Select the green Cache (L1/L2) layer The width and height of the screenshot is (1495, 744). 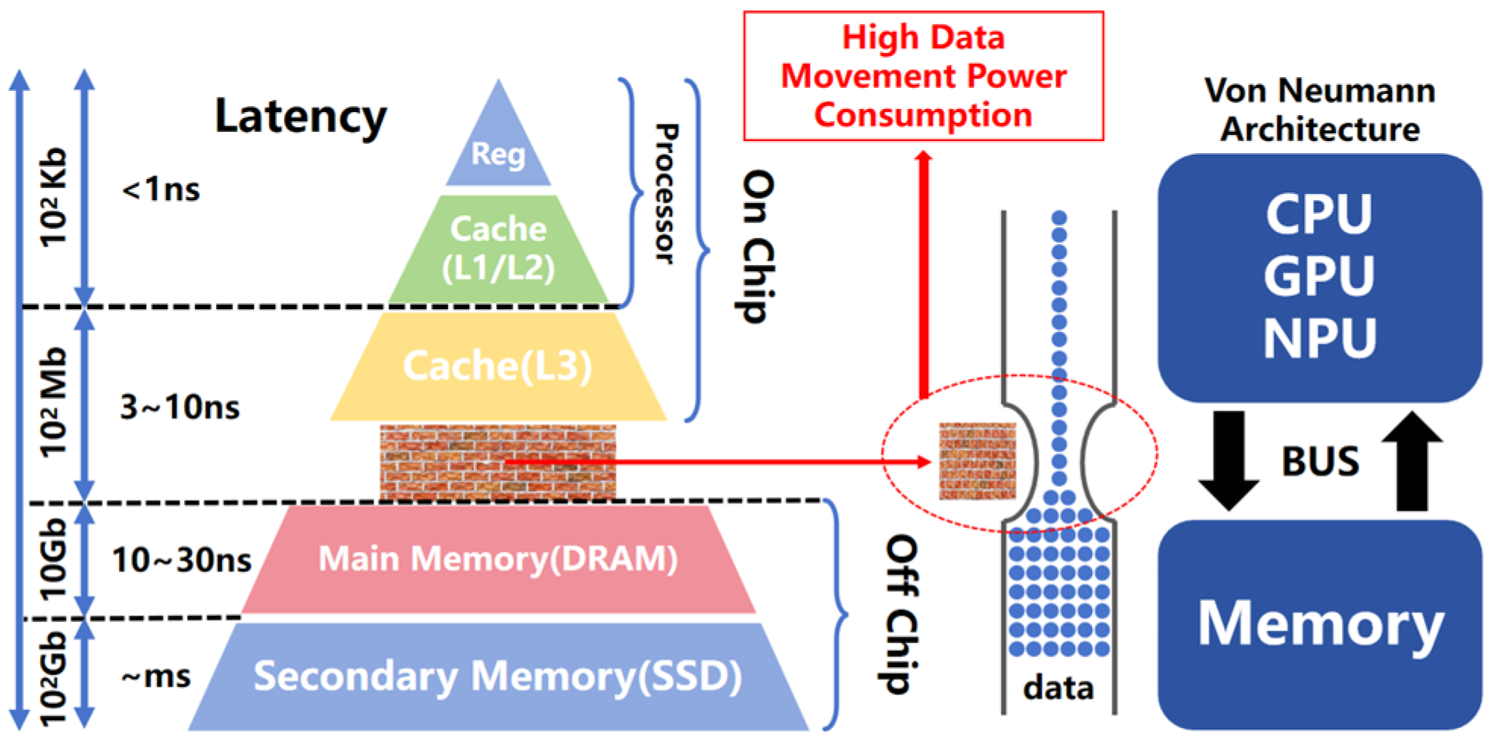point(498,249)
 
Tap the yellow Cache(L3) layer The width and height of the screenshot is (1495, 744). point(498,366)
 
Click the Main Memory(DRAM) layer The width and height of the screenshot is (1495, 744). point(498,559)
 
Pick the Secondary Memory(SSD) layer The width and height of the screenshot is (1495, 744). point(498,677)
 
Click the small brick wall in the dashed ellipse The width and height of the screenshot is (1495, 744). point(977,461)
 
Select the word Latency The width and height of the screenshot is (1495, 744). point(300,117)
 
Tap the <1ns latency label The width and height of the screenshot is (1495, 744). point(161,189)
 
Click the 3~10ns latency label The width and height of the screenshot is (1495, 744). point(180,408)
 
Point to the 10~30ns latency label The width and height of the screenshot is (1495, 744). point(181,561)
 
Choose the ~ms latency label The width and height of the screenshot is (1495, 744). point(156,676)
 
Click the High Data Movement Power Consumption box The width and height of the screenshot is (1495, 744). point(923,76)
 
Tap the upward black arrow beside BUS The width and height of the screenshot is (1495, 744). point(1412,461)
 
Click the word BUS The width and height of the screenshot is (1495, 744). point(1320,461)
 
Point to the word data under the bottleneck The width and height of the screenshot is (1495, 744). point(1058,688)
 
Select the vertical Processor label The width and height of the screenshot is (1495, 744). point(665,194)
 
